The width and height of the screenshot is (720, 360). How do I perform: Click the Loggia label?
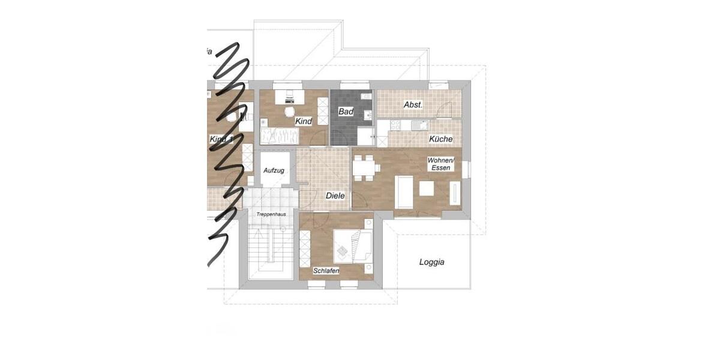431,262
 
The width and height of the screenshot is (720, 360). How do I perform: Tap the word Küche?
440,139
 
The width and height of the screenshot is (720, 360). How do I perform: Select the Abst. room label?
413,104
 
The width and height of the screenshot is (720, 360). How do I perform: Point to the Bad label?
346,112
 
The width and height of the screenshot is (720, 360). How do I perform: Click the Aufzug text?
274,171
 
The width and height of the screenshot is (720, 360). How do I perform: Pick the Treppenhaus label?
270,214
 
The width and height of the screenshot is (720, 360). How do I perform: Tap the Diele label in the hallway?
335,196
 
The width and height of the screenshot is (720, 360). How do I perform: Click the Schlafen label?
326,271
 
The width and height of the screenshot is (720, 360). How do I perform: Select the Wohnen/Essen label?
441,164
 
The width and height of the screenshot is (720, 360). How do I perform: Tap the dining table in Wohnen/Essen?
364,167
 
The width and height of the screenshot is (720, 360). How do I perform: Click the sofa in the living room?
403,191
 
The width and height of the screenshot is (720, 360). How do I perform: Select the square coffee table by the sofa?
427,189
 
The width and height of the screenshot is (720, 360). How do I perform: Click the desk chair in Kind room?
289,111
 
